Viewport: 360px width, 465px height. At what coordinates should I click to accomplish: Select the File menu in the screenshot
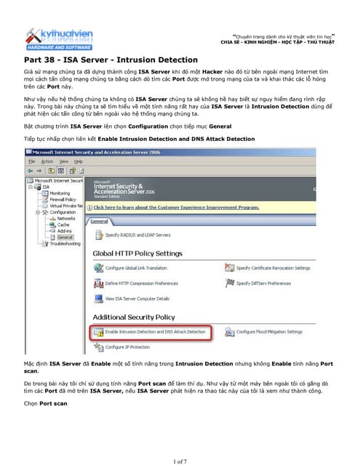pos(32,161)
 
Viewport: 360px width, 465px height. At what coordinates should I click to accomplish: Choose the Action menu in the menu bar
pos(47,161)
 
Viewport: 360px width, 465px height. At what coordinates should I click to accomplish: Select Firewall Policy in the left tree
pos(63,198)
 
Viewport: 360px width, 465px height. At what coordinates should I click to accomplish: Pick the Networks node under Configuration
pos(65,218)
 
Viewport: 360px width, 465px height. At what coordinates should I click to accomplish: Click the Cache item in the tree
pos(63,225)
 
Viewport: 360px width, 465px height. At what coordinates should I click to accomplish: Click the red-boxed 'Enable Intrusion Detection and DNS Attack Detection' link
pos(156,331)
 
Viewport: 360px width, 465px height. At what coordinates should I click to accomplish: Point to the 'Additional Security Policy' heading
pos(134,317)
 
